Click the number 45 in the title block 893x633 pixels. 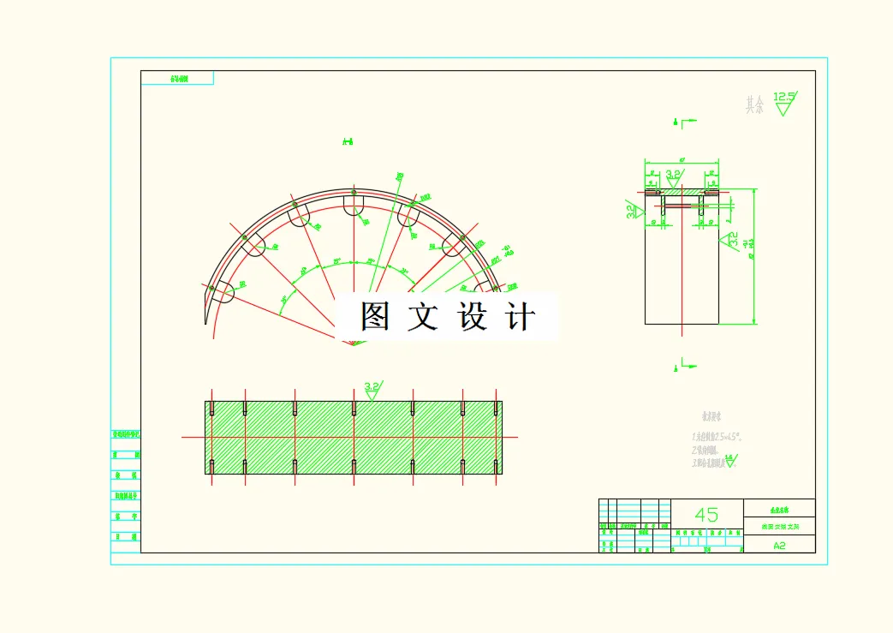pos(706,515)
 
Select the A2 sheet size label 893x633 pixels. pos(779,545)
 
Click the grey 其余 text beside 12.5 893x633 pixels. pos(754,105)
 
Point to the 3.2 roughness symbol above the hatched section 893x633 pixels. pos(372,390)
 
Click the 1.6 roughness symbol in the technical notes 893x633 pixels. pos(729,461)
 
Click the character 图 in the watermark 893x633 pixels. pos(376,317)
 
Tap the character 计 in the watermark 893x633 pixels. pos(521,317)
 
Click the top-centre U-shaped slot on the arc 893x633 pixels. pos(354,206)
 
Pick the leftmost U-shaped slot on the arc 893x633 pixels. pos(223,292)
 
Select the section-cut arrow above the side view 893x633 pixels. pos(677,122)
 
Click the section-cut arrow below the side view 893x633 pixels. pos(677,366)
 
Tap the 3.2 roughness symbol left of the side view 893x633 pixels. pos(633,210)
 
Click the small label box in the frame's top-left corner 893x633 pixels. pos(177,78)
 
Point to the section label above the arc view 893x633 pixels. pos(348,141)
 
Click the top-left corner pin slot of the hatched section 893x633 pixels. pos(210,409)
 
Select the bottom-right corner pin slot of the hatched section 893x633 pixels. pos(497,467)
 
